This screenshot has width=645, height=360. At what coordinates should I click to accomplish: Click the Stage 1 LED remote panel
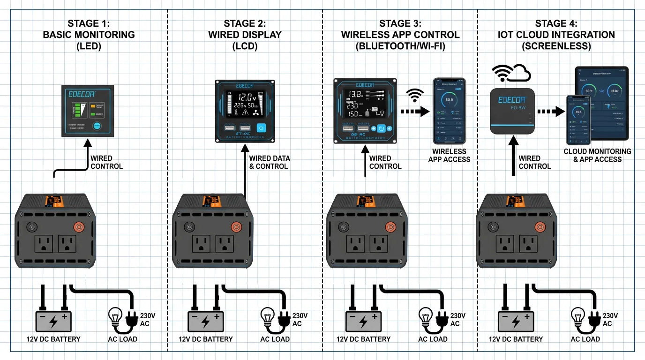(88, 111)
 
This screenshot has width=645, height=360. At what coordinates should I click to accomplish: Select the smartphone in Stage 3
(449, 112)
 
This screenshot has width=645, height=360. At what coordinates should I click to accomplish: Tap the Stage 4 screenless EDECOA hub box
(512, 111)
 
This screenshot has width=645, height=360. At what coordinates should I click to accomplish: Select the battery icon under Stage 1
(53, 322)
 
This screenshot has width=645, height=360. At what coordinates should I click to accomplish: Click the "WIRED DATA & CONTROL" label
(268, 162)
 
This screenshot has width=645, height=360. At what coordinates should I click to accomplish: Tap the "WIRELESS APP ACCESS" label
(449, 155)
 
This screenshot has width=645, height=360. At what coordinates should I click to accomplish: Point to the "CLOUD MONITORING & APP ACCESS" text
(597, 155)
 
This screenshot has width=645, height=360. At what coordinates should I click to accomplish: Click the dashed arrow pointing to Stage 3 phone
(414, 112)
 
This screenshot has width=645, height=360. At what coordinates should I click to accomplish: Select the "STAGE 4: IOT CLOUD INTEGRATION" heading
(556, 35)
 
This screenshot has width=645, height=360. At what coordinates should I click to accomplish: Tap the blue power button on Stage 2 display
(262, 128)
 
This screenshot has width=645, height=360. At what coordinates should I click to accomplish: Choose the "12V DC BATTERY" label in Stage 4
(516, 339)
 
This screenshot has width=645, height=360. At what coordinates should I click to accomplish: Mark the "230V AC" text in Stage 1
(147, 319)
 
